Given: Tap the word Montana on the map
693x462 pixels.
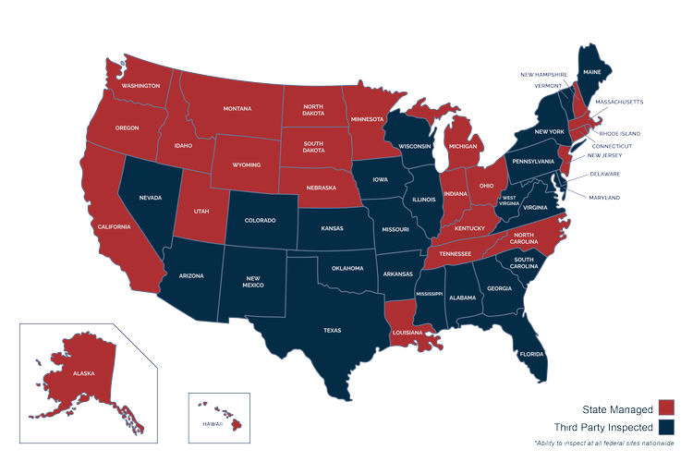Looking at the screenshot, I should point(237,109).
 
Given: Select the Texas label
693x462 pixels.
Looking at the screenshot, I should point(332,329).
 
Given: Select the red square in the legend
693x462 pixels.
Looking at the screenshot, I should point(665,407).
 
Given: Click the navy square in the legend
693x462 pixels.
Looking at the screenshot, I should point(665,426).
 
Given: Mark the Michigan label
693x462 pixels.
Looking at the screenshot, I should point(464,145).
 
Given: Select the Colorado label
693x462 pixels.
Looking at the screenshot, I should point(260,221).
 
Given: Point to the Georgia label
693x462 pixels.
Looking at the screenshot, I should point(499,287).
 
